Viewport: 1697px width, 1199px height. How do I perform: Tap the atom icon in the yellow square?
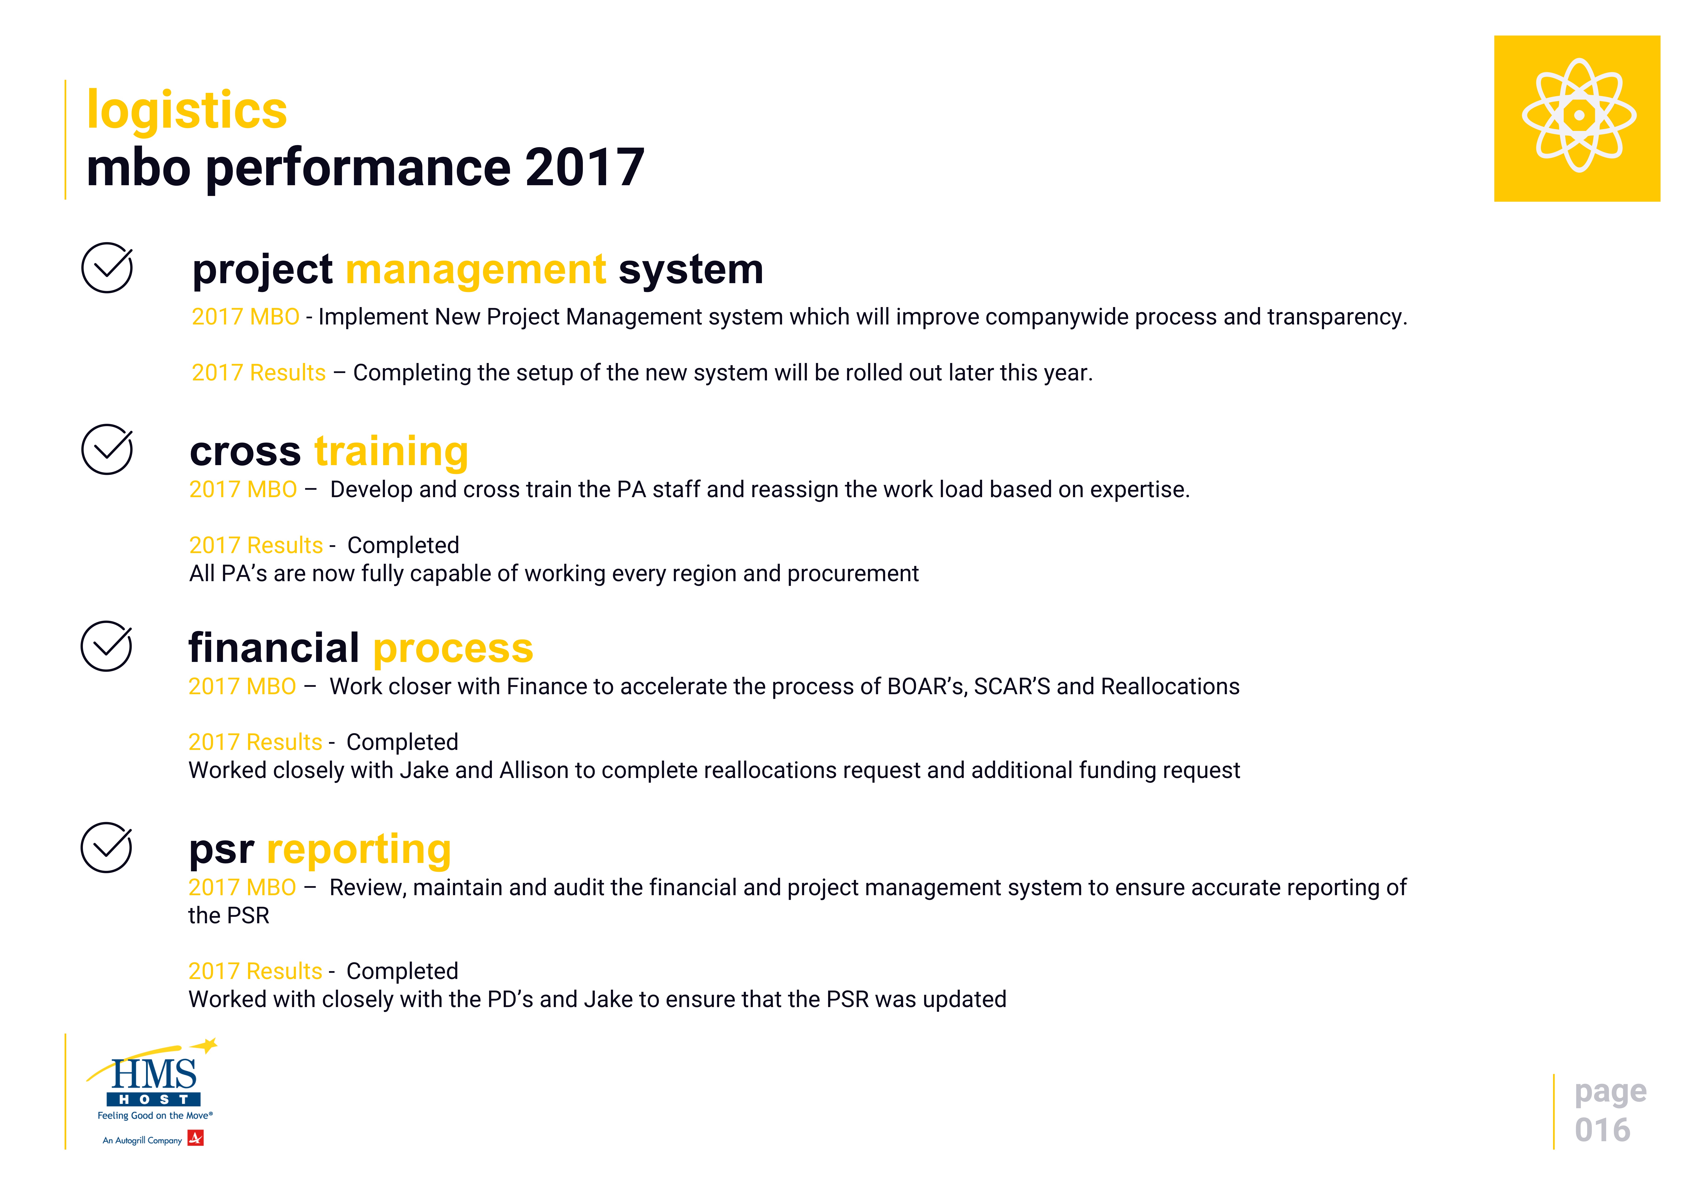click(x=1579, y=115)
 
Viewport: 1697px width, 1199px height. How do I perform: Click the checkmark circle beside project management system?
click(x=107, y=267)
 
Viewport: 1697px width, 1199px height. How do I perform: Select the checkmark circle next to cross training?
click(x=107, y=449)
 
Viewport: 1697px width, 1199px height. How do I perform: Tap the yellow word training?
click(x=391, y=452)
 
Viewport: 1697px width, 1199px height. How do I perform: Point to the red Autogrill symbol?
click(x=196, y=1138)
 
